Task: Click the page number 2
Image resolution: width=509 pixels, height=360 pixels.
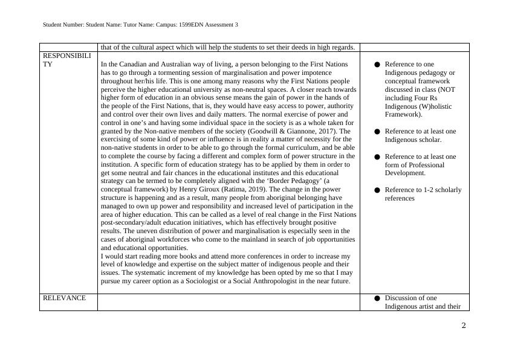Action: pyautogui.click(x=464, y=326)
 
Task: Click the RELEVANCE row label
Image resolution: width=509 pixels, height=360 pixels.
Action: pyautogui.click(x=64, y=298)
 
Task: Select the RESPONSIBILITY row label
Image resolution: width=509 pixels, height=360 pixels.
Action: pyautogui.click(x=66, y=59)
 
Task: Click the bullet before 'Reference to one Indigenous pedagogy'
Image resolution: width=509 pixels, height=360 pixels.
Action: pyautogui.click(x=377, y=65)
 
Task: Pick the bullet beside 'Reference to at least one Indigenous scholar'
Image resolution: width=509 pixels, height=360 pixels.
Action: pyautogui.click(x=377, y=132)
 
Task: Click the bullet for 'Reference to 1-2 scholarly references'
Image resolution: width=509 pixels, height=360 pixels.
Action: pyautogui.click(x=377, y=190)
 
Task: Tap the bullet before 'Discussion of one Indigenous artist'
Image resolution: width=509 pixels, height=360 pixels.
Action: pyautogui.click(x=377, y=298)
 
